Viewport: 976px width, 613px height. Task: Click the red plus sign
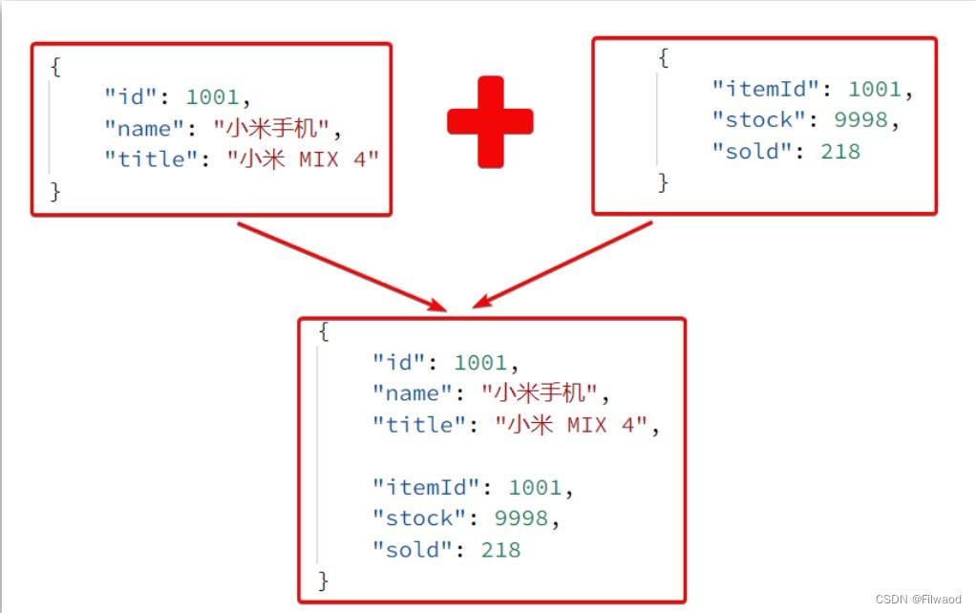(x=490, y=121)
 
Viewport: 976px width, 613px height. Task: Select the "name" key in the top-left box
(x=144, y=127)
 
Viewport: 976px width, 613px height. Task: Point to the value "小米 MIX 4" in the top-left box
(x=303, y=158)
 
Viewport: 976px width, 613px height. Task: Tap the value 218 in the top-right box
(x=840, y=151)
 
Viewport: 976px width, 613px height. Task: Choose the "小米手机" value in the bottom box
(x=540, y=392)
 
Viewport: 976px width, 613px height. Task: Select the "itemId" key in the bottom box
(x=426, y=487)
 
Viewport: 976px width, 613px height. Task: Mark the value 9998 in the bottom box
(x=520, y=518)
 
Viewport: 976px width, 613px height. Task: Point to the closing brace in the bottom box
(x=323, y=580)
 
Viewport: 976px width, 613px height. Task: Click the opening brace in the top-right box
(x=663, y=58)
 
